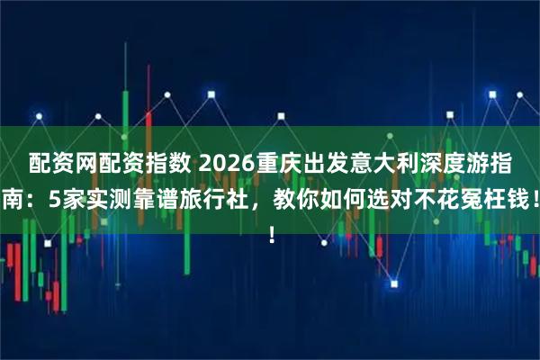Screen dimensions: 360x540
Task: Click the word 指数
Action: point(166,165)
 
